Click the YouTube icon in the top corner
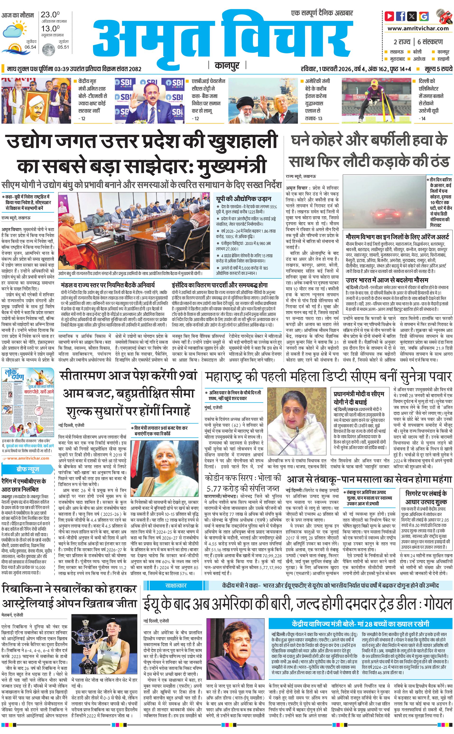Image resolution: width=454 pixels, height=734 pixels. pyautogui.click(x=389, y=16)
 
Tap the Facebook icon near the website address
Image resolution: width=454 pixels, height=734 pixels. pyautogui.click(x=401, y=16)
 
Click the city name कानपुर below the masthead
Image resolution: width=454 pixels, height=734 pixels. pyautogui.click(x=227, y=65)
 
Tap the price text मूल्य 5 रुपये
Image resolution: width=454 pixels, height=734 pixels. pyautogui.click(x=438, y=69)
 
